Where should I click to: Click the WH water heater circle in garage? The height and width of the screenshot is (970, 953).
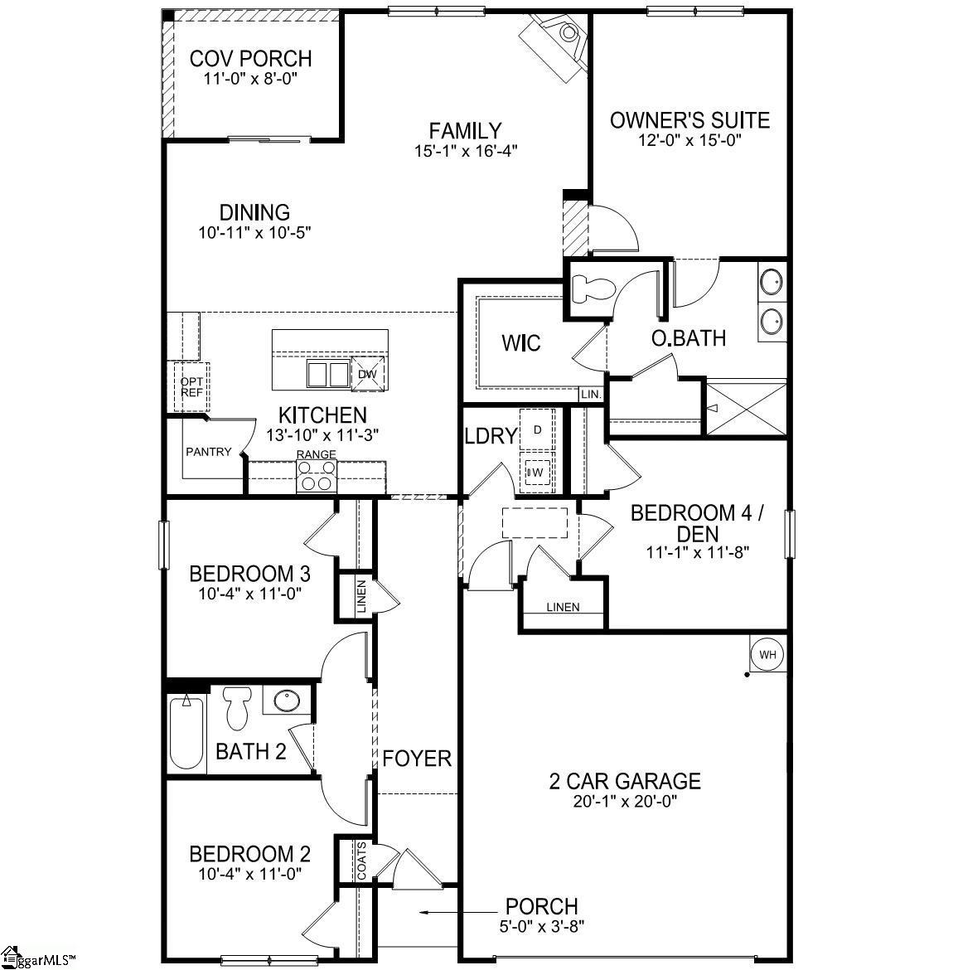[767, 655]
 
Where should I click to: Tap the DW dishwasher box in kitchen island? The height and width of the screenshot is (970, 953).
[366, 374]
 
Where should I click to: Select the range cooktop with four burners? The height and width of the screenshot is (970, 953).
[317, 478]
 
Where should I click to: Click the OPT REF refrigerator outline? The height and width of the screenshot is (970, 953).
[191, 387]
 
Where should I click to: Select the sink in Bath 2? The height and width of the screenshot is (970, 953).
[288, 701]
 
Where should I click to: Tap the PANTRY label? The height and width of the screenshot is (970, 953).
[208, 452]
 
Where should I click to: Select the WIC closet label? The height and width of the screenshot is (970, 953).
[522, 342]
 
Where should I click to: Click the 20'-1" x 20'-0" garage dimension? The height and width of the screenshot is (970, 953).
[625, 802]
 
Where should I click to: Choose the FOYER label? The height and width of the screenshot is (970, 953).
[417, 758]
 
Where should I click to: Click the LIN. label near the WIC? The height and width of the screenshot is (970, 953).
[591, 394]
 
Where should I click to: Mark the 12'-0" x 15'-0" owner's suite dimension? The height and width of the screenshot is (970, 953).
[689, 140]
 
